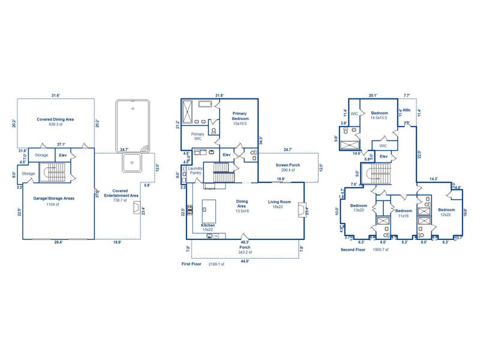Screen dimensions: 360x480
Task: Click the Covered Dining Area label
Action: [x=55, y=119]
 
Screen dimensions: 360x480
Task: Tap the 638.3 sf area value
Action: [x=55, y=125]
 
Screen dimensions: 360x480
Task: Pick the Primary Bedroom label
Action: [x=240, y=116]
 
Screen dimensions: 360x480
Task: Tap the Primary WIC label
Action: [x=197, y=137]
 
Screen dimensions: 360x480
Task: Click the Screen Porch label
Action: [x=287, y=165]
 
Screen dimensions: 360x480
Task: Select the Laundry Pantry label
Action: [x=196, y=171]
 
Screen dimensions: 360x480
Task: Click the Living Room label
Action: [x=279, y=202]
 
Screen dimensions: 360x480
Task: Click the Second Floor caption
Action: [x=352, y=250]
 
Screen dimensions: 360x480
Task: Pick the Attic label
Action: [x=406, y=110]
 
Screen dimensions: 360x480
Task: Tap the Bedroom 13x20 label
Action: [x=359, y=207]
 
